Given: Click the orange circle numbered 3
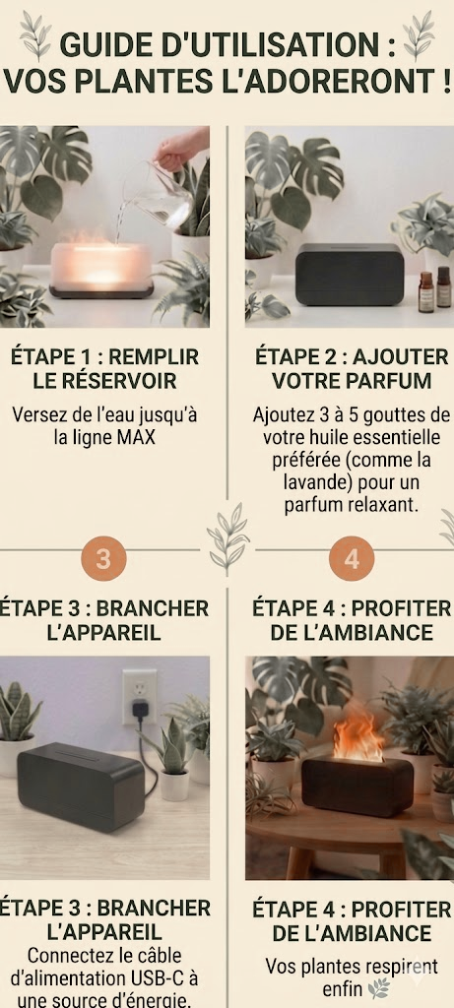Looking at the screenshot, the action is click(103, 559).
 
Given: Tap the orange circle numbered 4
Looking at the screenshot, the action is click(352, 559).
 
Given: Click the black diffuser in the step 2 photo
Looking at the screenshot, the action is click(350, 274).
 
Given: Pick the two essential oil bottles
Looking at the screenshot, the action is click(434, 290).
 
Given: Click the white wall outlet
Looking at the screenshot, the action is click(140, 697).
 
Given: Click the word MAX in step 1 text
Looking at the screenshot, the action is click(136, 438).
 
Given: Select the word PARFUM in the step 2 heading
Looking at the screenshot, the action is click(389, 381).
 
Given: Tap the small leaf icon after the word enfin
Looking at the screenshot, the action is click(378, 987).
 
